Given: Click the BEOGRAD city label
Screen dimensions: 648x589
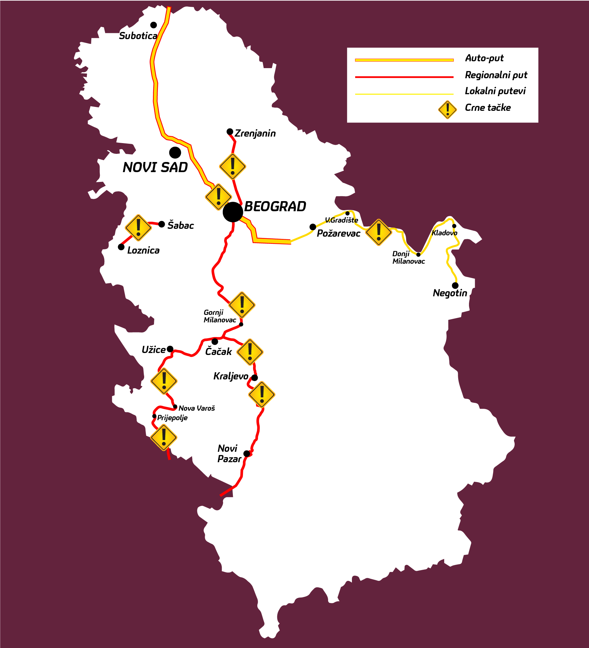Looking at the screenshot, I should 275,206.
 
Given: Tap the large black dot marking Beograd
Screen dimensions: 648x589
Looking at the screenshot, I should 233,212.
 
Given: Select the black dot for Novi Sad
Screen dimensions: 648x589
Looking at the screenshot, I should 175,152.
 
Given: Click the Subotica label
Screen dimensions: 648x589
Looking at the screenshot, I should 138,36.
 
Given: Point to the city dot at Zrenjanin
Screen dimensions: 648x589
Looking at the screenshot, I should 230,132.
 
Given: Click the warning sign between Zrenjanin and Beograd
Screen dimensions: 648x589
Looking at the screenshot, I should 233,167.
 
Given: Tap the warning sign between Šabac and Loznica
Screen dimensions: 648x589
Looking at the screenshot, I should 138,228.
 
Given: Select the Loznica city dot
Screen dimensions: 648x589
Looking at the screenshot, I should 121,247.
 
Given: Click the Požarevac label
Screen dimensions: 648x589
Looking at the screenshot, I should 338,233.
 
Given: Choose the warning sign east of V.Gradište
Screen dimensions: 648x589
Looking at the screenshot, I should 378,232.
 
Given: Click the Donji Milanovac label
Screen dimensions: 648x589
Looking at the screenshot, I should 408,258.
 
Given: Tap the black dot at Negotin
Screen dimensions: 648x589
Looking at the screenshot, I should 455,285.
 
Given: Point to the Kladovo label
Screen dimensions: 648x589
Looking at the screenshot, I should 444,233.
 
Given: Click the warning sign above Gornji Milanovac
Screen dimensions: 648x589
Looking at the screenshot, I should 242,305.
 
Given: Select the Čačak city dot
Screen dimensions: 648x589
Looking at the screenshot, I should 215,341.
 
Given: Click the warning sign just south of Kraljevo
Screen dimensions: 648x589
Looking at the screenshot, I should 262,394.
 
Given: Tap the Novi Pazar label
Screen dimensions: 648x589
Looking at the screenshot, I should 229,453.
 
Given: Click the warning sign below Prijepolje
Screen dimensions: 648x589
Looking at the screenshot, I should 164,437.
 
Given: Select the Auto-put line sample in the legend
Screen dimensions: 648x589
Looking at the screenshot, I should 404,60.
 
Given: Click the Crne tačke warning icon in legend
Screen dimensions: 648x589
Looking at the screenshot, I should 447,110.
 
